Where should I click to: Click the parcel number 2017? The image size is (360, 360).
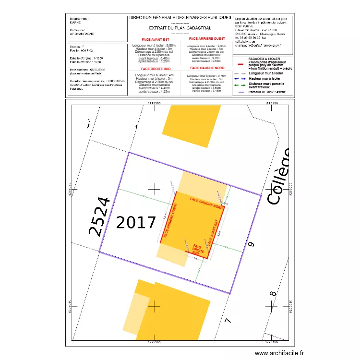[x=136, y=222]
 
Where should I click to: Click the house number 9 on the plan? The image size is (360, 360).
[x=250, y=245]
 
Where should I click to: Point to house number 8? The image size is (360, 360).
[x=272, y=294]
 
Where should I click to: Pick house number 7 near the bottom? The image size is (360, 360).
[x=228, y=320]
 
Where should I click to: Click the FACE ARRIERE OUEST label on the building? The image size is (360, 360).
[x=170, y=221]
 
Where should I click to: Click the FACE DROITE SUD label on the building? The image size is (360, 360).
[x=198, y=249]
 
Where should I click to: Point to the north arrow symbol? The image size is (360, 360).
[x=87, y=124]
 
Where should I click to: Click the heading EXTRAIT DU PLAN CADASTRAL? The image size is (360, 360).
[x=180, y=28]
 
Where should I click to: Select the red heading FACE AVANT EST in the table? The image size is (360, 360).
[x=156, y=39]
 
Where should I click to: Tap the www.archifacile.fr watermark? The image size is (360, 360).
[x=279, y=353]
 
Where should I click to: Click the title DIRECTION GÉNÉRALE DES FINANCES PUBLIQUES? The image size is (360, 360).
[x=180, y=18]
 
